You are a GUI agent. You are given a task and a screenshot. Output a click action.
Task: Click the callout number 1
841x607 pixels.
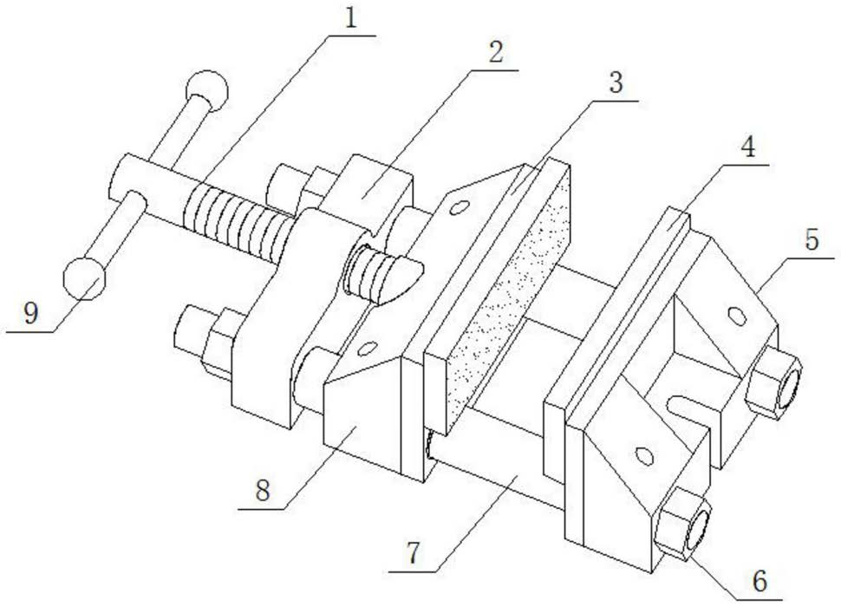pos(350,19)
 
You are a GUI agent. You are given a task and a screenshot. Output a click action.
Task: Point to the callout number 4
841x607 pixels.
pos(746,147)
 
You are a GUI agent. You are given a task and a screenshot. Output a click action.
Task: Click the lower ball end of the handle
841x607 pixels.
pos(84,277)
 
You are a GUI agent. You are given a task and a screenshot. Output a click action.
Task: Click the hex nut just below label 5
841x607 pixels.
pos(773,382)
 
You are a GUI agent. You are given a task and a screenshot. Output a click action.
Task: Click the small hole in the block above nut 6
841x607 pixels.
pos(643,454)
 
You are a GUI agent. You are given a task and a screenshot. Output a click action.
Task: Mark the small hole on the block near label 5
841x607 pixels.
pos(736,312)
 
